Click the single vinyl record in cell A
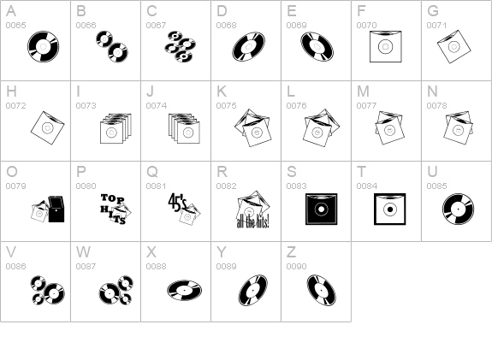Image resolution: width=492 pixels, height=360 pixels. pos(44,46)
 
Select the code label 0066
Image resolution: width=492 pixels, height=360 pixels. pos(86,25)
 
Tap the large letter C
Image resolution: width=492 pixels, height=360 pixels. pos(151,11)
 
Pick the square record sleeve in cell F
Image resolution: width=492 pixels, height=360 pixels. pos(386,46)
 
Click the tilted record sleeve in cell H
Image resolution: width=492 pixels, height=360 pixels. pos(47,127)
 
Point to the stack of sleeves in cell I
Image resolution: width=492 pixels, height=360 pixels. pos(116,128)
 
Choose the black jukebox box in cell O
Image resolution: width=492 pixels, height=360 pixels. pos(56,210)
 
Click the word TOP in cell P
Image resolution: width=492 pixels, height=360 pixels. pos(113,198)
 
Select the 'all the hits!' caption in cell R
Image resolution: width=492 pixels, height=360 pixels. pos(252,222)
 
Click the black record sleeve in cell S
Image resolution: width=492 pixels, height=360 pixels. pos(322,210)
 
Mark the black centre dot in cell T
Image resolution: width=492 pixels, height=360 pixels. pos(390,210)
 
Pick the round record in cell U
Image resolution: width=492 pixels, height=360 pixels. pos(458,210)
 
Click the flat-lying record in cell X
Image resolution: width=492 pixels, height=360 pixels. pos(184,290)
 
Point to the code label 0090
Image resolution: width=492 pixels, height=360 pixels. pos(297,266)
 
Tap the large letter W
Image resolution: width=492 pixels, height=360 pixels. pos(83,252)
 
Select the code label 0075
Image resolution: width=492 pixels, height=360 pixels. pos(226,106)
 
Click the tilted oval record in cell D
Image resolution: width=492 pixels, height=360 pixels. pos(248,46)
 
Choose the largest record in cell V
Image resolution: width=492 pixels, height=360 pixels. pos(54,293)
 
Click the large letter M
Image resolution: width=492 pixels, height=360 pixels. pos(363,91)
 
